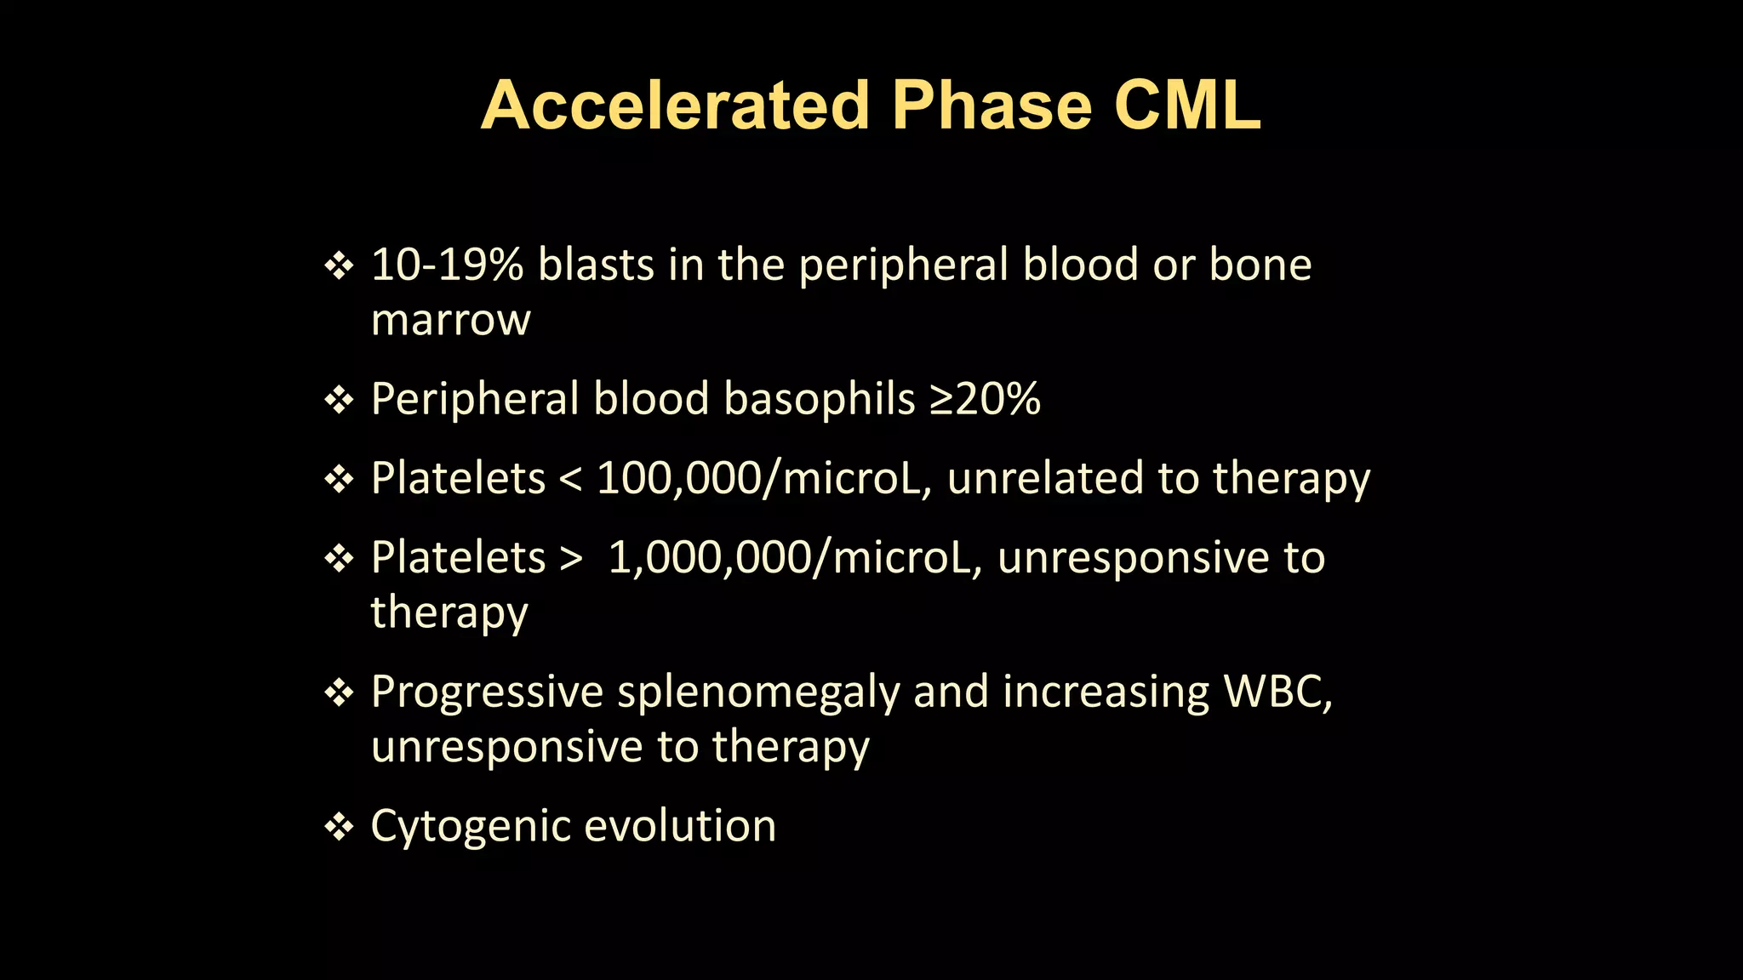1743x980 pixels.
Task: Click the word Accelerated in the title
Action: [x=675, y=105]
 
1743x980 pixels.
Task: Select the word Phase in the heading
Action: [x=992, y=105]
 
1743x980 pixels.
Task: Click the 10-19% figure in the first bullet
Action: [x=447, y=265]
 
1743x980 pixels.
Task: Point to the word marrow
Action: [x=451, y=321]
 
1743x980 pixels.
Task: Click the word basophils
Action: [x=819, y=399]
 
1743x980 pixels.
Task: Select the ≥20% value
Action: [x=985, y=399]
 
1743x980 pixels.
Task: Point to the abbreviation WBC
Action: [x=1277, y=692]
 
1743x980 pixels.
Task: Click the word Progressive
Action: [x=487, y=692]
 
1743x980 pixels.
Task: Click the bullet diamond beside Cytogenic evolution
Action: [x=339, y=827]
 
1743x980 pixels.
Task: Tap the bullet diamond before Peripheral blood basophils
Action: [x=339, y=400]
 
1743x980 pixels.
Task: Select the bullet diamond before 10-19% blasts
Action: [x=339, y=266]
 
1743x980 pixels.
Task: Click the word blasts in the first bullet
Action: [x=596, y=265]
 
